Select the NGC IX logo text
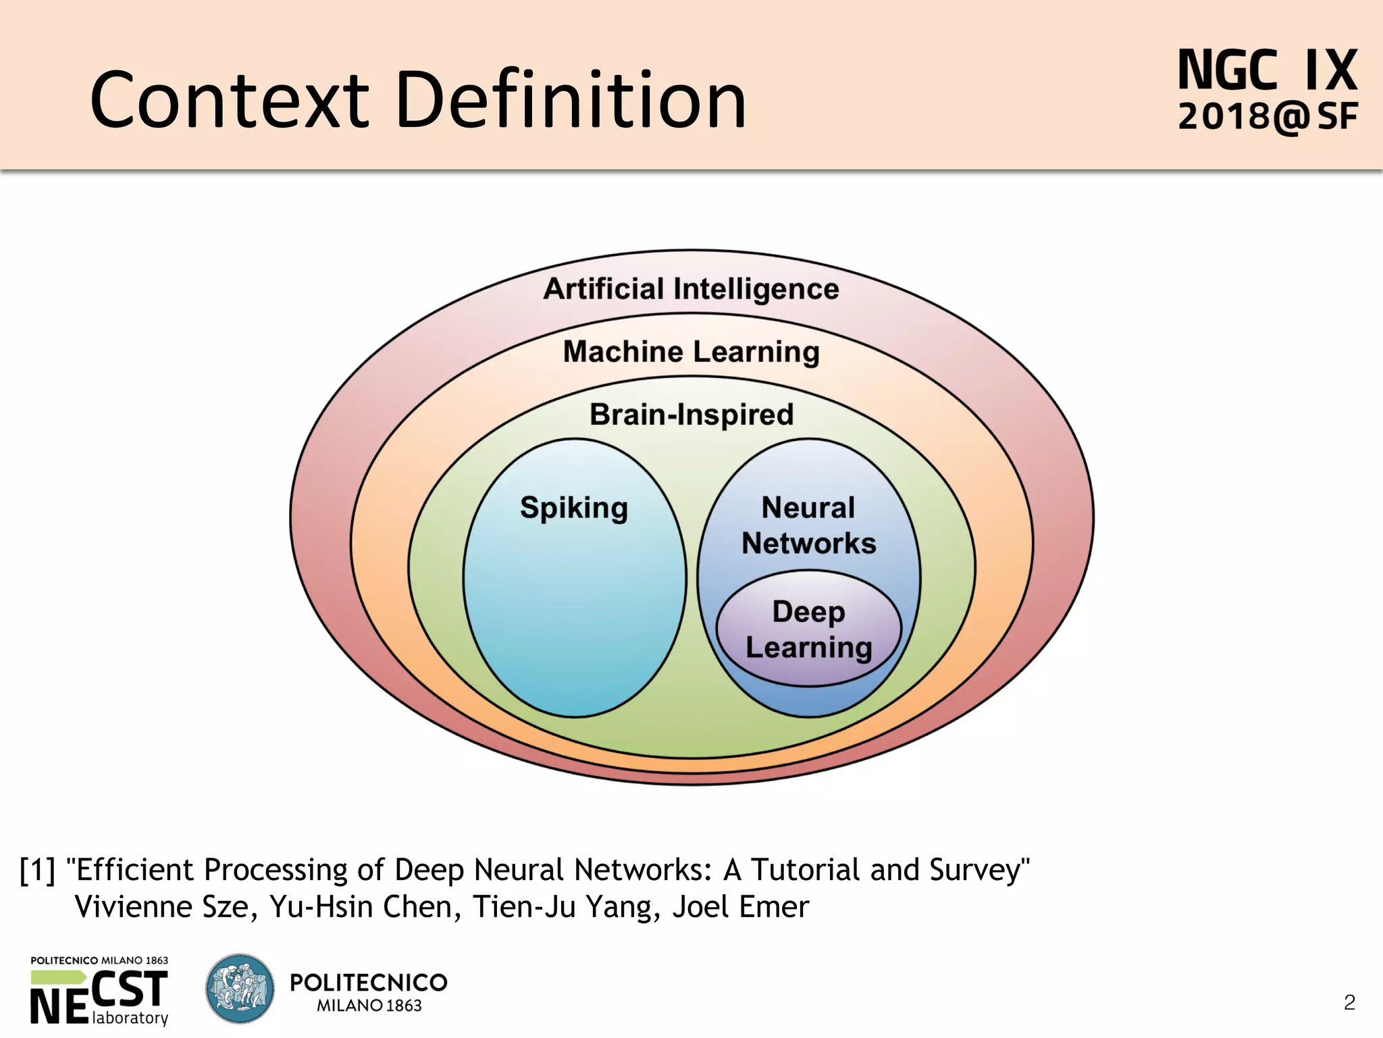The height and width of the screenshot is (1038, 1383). [x=1267, y=70]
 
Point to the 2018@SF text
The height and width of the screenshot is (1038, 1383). [x=1267, y=117]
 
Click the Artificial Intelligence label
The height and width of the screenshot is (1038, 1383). [x=691, y=289]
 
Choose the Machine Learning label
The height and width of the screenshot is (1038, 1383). [x=691, y=352]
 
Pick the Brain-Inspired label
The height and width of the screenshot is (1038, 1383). [x=691, y=415]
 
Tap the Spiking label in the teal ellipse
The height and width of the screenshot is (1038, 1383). [x=574, y=508]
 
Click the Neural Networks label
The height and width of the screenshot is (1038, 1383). [x=808, y=525]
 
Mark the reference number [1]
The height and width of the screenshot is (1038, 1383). [x=37, y=870]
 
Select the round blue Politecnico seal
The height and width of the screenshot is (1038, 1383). [x=240, y=988]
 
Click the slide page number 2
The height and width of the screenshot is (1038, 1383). [x=1349, y=1002]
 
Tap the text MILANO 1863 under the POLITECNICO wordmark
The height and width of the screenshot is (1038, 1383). [x=369, y=1006]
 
